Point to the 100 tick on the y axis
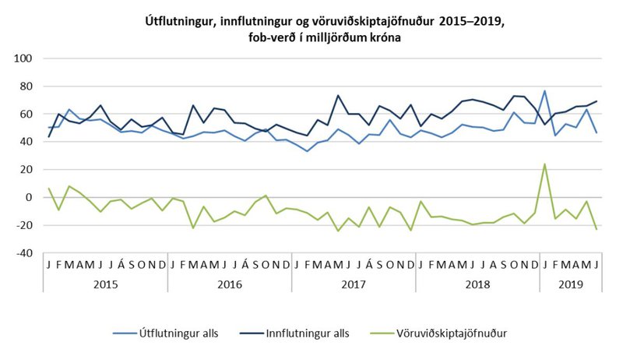coord(23,58)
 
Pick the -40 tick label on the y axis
coord(23,253)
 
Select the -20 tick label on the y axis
coord(23,225)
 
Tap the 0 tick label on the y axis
coord(29,197)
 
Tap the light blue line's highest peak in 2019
coord(545,91)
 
